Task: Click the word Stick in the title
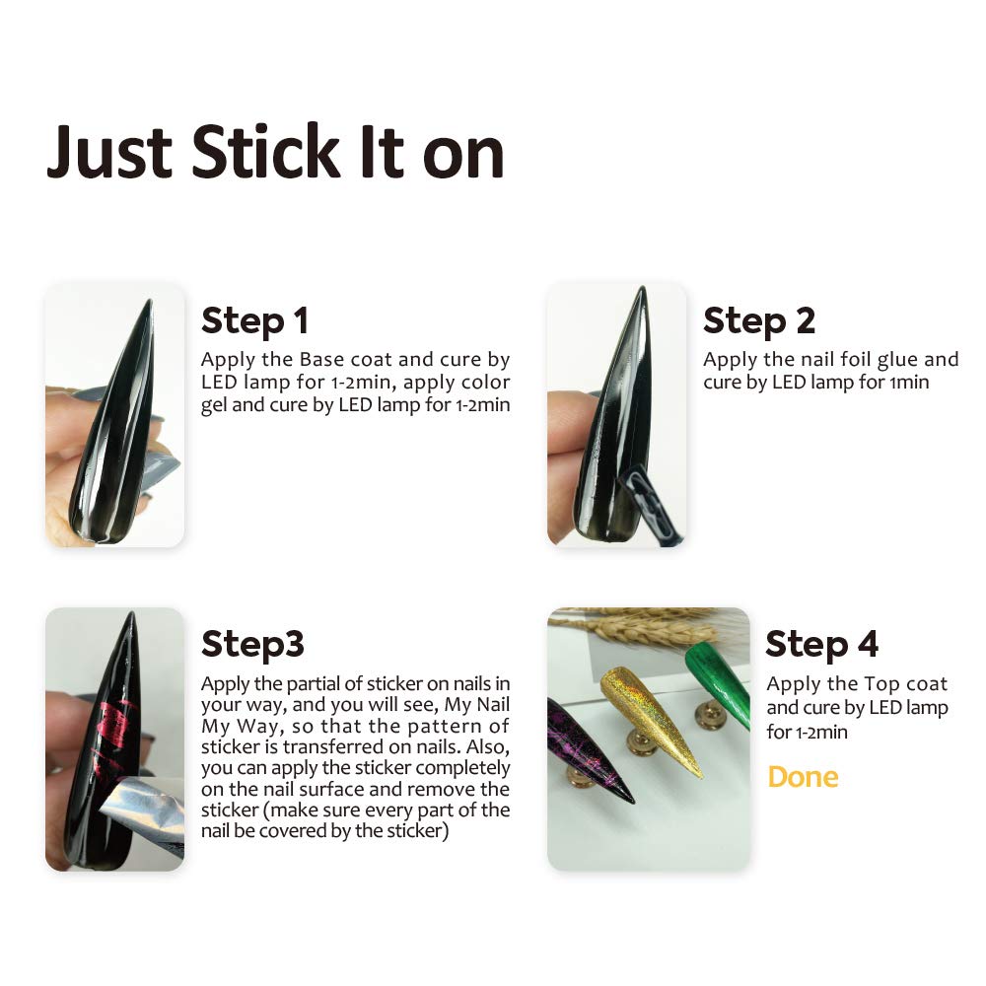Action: pyautogui.click(x=265, y=151)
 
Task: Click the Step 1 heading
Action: pyautogui.click(x=254, y=320)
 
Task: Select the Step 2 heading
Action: pyautogui.click(x=759, y=320)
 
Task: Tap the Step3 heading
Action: pyautogui.click(x=252, y=645)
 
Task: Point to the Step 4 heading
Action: pyautogui.click(x=822, y=645)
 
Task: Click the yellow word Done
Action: pyautogui.click(x=803, y=777)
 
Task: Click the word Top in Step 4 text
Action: pyautogui.click(x=881, y=685)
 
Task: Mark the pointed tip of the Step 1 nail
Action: pyautogui.click(x=150, y=301)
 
